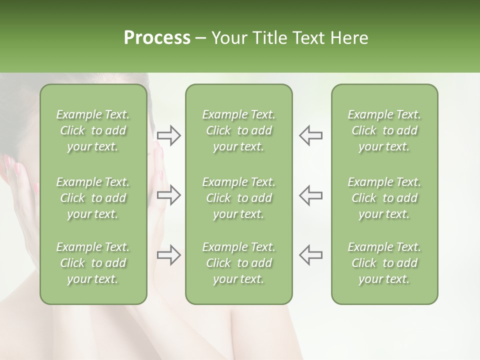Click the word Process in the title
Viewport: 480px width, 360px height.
point(157,38)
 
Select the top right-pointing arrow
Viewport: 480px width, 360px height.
point(169,135)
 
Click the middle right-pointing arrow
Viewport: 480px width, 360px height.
point(169,195)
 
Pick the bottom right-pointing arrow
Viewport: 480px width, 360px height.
point(169,255)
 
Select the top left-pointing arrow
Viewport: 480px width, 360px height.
point(310,135)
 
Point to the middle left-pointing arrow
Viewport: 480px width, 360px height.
point(310,195)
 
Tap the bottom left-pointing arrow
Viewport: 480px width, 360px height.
point(310,255)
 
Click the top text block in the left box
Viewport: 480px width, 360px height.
point(93,130)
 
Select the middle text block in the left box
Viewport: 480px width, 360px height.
point(93,198)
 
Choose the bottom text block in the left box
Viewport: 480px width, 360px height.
point(93,263)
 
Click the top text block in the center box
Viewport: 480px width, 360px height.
point(238,130)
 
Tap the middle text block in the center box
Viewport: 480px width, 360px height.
point(238,198)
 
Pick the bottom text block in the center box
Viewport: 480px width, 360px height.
point(238,263)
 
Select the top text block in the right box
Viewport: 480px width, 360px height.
point(384,130)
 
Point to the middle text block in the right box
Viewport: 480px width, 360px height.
point(384,198)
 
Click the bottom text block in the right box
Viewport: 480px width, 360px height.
point(384,263)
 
